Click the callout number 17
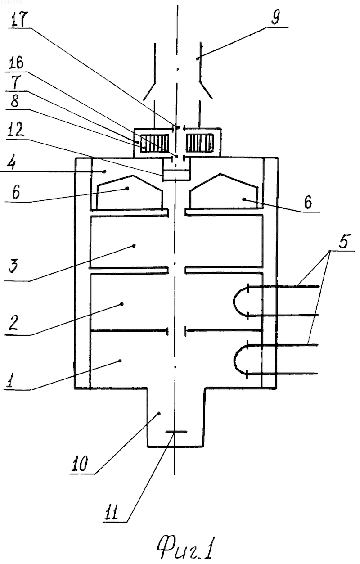(19, 18)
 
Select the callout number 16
(16, 63)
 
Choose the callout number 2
(13, 323)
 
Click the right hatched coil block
(199, 143)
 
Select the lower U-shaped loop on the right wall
(241, 359)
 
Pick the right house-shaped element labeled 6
(224, 191)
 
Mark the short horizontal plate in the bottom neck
(176, 432)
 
